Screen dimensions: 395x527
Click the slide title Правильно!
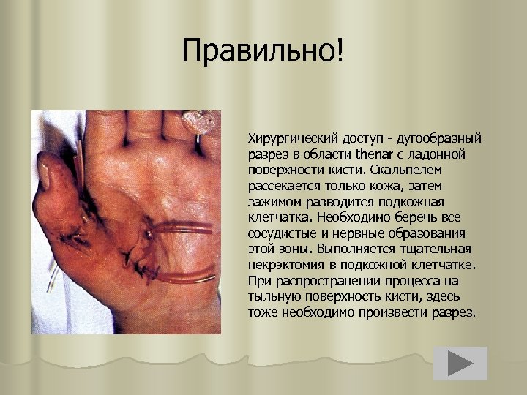[263, 51]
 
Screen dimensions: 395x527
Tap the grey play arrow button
[460, 364]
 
